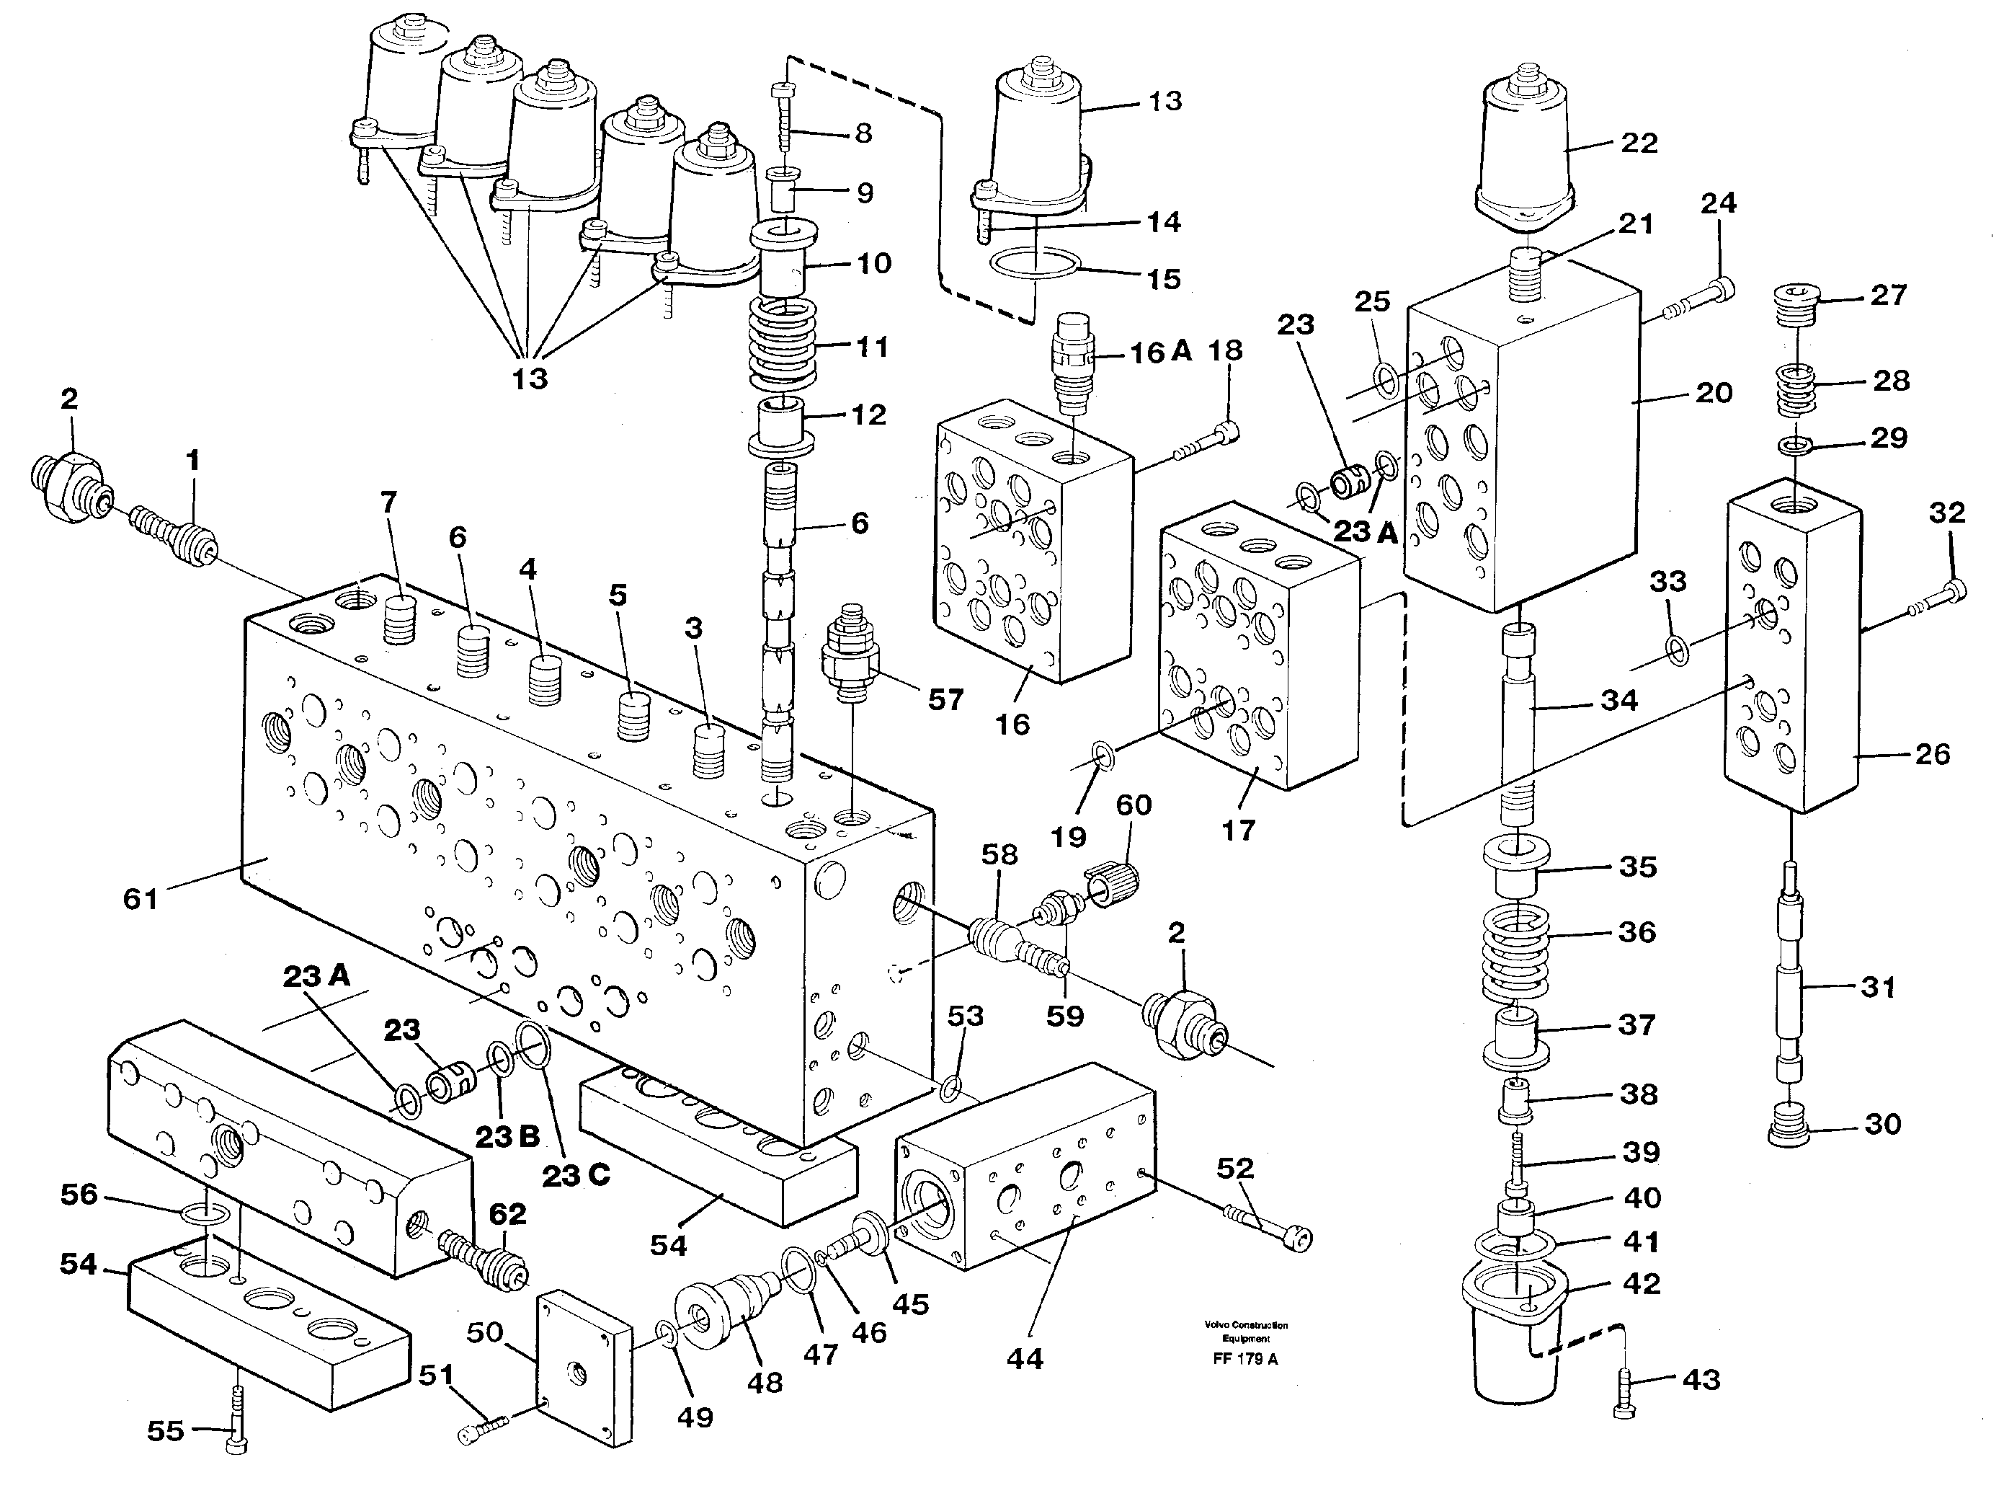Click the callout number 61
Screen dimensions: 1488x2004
(x=141, y=898)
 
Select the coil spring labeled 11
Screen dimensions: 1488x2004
(x=783, y=342)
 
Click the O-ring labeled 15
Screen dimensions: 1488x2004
(x=1034, y=267)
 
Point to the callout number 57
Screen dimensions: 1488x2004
(x=946, y=699)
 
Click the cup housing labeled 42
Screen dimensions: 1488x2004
(x=1516, y=1342)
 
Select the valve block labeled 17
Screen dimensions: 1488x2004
(x=1260, y=657)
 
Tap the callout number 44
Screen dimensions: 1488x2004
(x=1025, y=1358)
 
